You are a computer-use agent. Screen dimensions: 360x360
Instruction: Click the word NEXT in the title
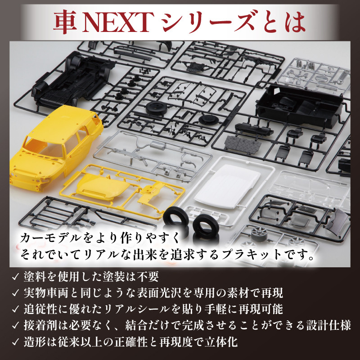(117, 22)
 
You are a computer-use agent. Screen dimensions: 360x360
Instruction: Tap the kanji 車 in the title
(65, 22)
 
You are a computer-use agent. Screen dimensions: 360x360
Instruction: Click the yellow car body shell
(55, 147)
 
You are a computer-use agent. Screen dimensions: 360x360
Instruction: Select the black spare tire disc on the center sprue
(157, 108)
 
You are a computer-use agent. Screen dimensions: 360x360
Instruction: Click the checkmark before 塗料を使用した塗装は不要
(15, 277)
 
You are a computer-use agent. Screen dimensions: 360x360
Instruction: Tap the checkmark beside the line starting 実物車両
(15, 293)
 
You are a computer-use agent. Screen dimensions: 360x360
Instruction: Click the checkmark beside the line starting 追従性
(15, 309)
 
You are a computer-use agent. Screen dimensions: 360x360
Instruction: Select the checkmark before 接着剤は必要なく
(15, 325)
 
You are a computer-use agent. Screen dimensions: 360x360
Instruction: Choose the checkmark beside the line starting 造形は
(15, 342)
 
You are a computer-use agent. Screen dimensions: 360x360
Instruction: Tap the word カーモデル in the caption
(50, 238)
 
